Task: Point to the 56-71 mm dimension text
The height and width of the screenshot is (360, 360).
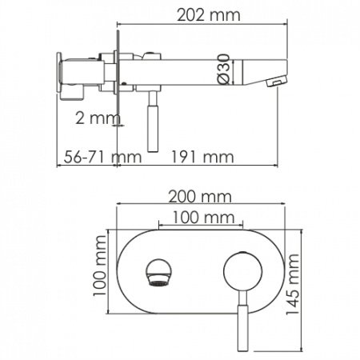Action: click(x=89, y=156)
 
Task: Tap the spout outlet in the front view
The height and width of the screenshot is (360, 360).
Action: click(x=159, y=272)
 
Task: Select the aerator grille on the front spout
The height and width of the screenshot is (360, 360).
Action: click(x=159, y=281)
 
